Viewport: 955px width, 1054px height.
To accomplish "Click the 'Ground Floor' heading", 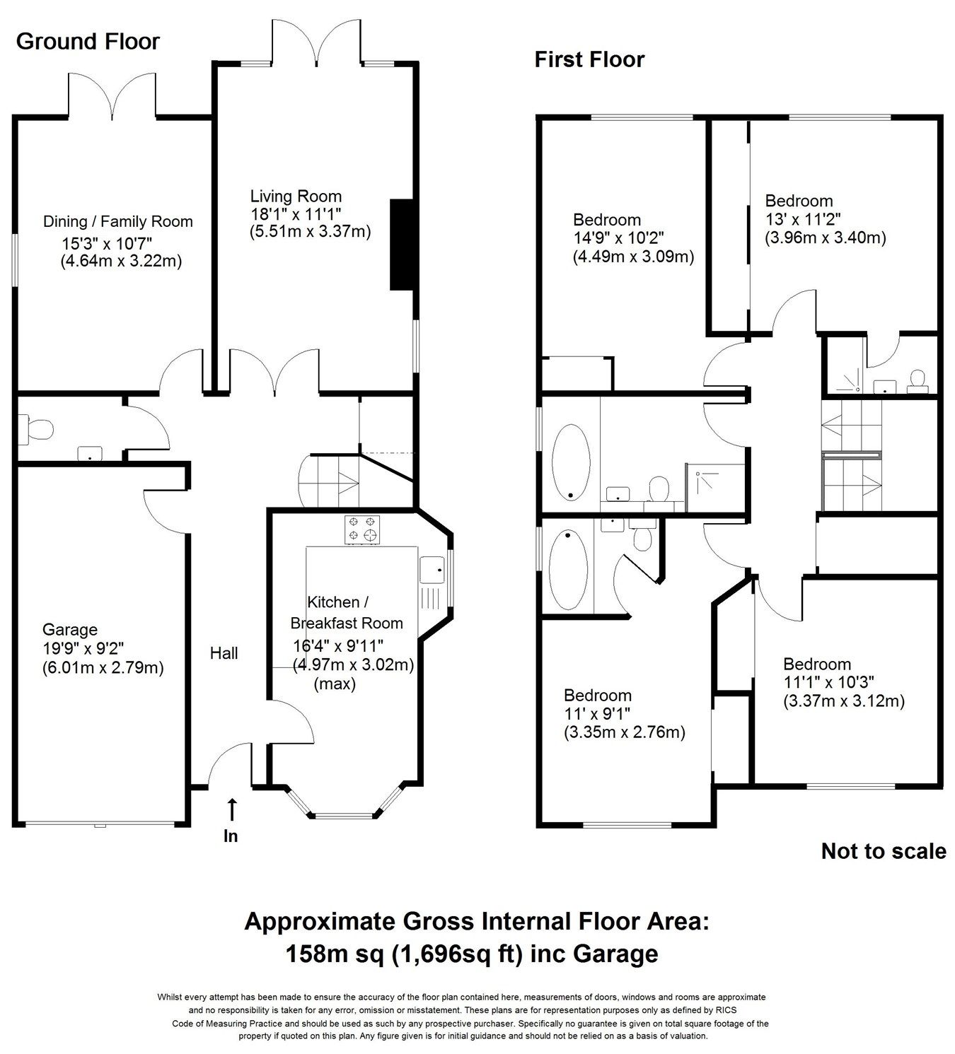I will (88, 42).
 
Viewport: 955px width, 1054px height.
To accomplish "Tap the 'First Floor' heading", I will (589, 59).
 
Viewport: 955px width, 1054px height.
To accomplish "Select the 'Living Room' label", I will (296, 197).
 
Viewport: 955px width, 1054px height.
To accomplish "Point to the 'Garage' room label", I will (70, 630).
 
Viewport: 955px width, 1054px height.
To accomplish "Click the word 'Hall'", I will (224, 654).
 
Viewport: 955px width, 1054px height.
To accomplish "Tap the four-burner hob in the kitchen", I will (363, 530).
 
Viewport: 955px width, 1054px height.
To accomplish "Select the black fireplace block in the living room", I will (402, 245).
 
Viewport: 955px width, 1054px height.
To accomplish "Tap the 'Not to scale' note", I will (883, 851).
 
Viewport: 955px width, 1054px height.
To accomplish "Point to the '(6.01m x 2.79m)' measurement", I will (103, 667).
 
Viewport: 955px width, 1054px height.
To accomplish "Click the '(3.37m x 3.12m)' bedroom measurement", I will (844, 701).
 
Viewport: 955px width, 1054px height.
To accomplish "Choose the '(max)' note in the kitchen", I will (335, 684).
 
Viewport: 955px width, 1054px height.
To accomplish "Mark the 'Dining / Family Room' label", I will (118, 222).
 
